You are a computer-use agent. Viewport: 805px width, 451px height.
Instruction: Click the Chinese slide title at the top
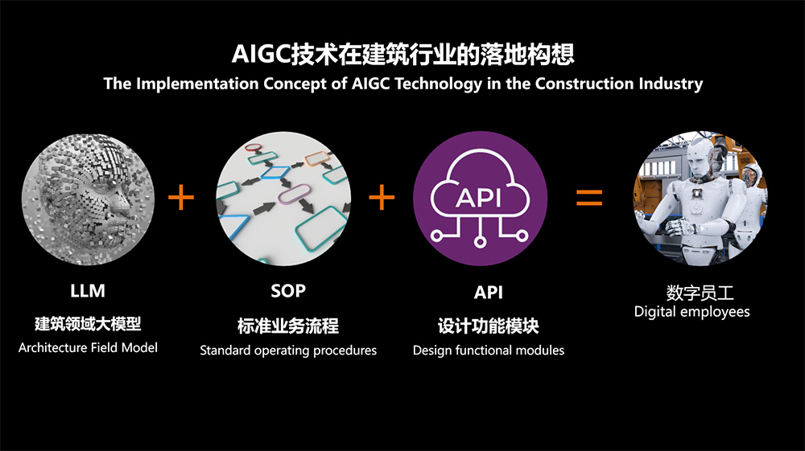click(403, 55)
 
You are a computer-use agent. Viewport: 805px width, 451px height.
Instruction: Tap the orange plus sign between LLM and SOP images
click(181, 197)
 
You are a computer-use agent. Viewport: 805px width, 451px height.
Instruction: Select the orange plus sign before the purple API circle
click(382, 197)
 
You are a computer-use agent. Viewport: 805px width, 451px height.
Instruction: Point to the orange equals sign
click(589, 197)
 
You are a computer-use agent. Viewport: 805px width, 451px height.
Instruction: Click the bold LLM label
click(88, 291)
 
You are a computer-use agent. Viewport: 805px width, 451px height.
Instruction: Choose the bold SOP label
click(288, 291)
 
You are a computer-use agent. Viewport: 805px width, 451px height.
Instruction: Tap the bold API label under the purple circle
click(489, 292)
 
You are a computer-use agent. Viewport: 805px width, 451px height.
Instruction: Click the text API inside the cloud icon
click(478, 197)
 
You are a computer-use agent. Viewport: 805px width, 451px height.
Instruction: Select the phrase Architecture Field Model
click(88, 347)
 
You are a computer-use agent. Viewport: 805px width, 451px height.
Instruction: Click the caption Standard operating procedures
click(288, 351)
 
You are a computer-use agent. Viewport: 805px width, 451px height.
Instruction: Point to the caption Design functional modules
click(489, 351)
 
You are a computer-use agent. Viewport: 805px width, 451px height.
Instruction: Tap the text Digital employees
click(691, 312)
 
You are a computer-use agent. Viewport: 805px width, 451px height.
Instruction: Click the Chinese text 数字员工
click(700, 293)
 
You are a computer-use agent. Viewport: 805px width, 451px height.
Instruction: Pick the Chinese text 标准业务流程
click(288, 326)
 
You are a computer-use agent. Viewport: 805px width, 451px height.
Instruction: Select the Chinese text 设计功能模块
click(489, 326)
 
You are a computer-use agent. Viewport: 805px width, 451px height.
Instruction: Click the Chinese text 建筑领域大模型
click(88, 324)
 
